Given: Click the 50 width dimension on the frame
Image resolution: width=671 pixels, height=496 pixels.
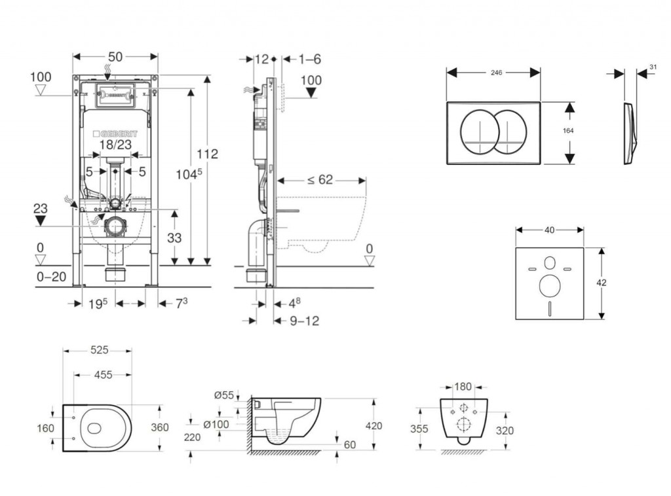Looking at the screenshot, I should [x=115, y=57].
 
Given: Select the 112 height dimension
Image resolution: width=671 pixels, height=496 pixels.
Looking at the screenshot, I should [x=206, y=154].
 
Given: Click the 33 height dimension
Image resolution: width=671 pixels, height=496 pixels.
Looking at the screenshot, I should [x=174, y=238].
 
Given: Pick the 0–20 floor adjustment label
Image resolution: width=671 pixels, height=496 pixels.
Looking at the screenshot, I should [x=50, y=277].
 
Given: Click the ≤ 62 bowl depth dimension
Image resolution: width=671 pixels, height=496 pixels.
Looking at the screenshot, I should [x=320, y=180].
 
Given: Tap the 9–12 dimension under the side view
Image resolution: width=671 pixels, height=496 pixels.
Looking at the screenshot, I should [x=304, y=321].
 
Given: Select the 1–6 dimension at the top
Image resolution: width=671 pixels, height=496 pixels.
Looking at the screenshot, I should [x=309, y=59].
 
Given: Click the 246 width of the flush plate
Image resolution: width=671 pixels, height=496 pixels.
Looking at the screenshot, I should [x=495, y=73].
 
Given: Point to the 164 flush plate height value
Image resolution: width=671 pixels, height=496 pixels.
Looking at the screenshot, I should [x=568, y=131].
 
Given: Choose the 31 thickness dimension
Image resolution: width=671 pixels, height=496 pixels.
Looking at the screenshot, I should [x=653, y=67].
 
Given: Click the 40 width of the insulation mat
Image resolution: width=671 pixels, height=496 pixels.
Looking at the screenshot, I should [x=549, y=230].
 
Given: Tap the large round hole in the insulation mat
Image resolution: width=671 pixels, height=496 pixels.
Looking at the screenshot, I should [x=549, y=286].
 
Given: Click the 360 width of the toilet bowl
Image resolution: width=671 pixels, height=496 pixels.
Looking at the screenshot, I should [x=159, y=427].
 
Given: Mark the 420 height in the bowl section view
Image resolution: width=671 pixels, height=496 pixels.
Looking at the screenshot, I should [x=374, y=425].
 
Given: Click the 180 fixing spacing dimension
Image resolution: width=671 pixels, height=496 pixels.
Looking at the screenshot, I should [x=463, y=386].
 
